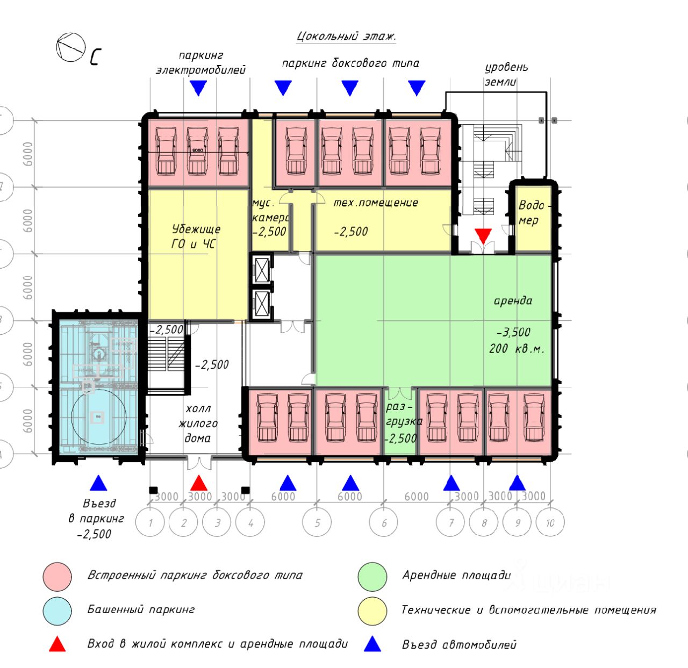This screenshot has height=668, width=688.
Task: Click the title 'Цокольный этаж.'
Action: click(346, 37)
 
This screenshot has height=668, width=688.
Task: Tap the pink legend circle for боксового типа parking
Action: click(58, 577)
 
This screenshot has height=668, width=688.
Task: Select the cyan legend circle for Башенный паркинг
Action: click(58, 611)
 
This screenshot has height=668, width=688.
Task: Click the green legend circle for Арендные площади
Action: click(372, 577)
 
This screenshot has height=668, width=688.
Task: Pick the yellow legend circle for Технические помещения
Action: click(372, 611)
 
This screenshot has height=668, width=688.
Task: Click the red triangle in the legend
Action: click(58, 644)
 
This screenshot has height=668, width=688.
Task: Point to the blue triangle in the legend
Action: click(372, 644)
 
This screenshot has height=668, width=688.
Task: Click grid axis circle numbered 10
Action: click(550, 522)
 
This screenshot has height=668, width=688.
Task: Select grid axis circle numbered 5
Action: click(317, 522)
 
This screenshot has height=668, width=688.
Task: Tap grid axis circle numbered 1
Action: click(150, 522)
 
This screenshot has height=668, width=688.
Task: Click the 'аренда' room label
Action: click(513, 301)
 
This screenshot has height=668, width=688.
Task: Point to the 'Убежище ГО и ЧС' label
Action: click(196, 236)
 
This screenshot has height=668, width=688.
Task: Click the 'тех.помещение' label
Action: click(376, 203)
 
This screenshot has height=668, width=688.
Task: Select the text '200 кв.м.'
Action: click(517, 349)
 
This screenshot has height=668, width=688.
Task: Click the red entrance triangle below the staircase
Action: click(483, 235)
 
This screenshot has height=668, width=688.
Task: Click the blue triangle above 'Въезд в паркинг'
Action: click(98, 483)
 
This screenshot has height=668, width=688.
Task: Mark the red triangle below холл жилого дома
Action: click(199, 483)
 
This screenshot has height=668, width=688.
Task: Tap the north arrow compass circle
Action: click(71, 47)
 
